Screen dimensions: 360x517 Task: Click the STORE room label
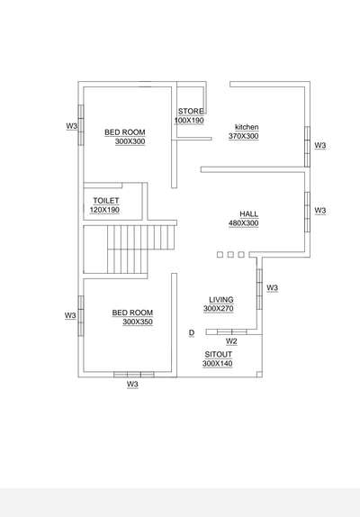click(x=191, y=111)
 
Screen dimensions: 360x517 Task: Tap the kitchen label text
click(x=247, y=127)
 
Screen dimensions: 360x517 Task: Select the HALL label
click(x=249, y=214)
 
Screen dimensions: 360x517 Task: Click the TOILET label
click(x=106, y=201)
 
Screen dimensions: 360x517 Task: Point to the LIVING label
click(x=221, y=300)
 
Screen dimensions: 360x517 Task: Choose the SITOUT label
click(x=219, y=355)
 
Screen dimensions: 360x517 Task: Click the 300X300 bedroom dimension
click(x=130, y=141)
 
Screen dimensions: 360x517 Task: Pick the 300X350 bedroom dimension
click(x=138, y=322)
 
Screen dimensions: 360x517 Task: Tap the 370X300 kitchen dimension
click(x=244, y=136)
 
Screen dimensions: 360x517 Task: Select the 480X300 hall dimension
click(x=244, y=223)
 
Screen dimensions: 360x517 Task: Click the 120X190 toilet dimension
click(x=104, y=210)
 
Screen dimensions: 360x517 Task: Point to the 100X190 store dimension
click(x=189, y=121)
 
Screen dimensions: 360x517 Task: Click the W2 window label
click(x=231, y=341)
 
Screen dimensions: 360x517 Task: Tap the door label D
click(x=192, y=333)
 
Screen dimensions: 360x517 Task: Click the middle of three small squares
click(x=230, y=255)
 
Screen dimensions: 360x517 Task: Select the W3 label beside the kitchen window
click(x=320, y=145)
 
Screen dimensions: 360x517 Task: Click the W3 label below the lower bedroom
click(x=132, y=384)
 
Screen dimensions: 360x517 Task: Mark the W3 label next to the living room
click(x=272, y=288)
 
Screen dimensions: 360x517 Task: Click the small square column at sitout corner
click(x=259, y=374)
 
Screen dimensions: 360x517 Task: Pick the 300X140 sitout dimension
click(x=218, y=364)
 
